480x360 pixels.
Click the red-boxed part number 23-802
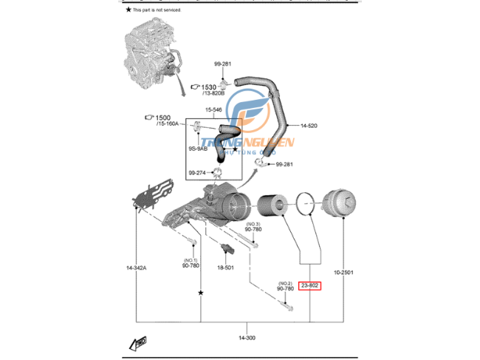310,285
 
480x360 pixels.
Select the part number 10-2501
343,272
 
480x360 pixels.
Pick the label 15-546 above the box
213,110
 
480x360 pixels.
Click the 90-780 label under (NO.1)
191,266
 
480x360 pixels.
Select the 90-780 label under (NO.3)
253,229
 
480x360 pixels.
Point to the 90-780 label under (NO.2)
285,288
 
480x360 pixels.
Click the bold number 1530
209,86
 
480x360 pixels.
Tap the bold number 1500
162,118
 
